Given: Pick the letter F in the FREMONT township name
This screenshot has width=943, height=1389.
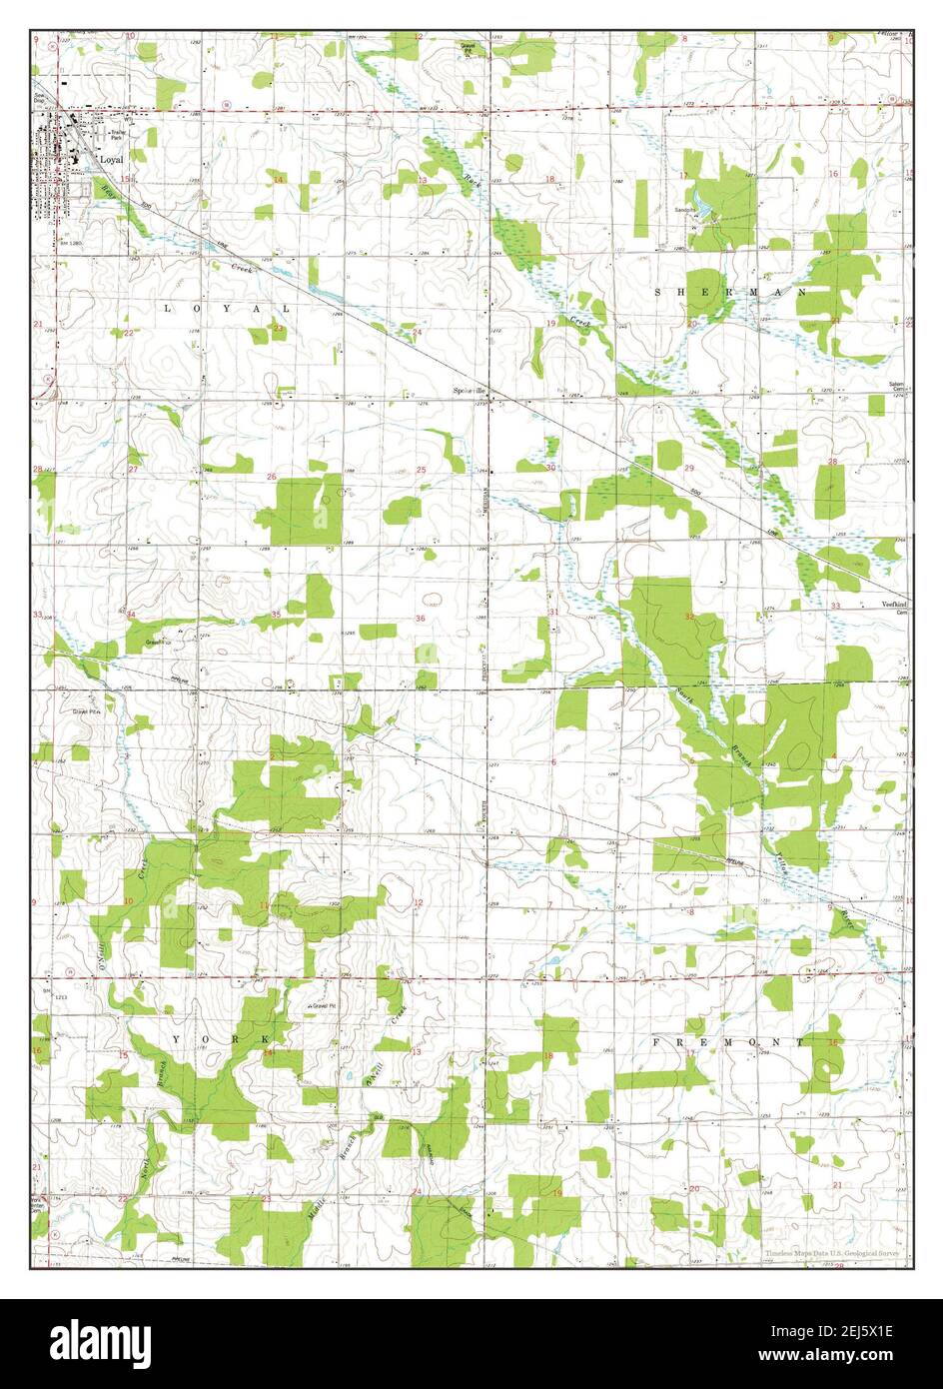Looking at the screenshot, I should click(656, 1041).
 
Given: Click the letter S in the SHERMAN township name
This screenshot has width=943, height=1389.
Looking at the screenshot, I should click(657, 291).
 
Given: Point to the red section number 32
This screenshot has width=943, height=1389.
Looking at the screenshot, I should click(689, 617).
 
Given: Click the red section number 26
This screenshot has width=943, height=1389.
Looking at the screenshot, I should click(272, 477).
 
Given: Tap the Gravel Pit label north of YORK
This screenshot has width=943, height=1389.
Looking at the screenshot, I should click(322, 1005).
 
